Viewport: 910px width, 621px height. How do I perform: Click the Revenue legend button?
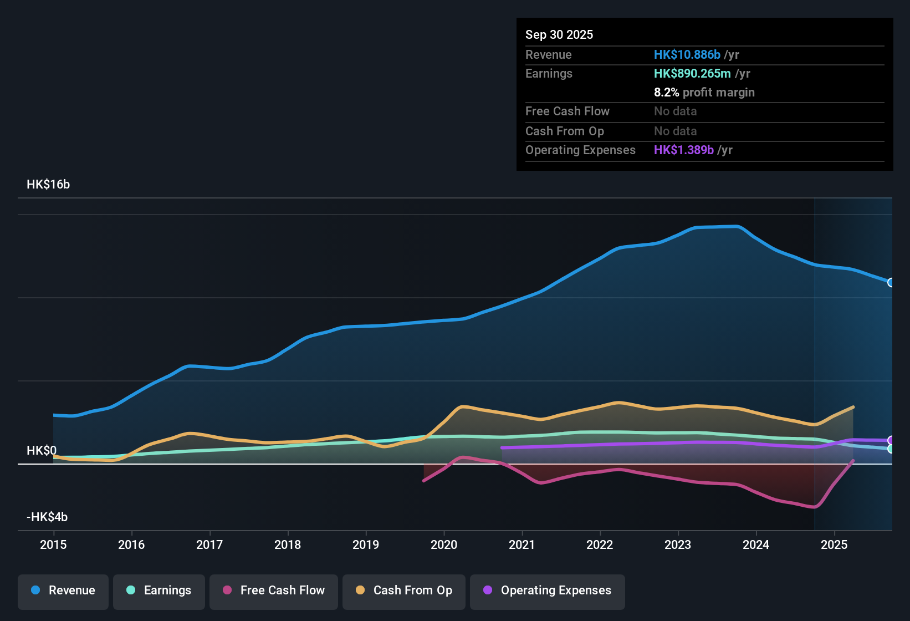63,591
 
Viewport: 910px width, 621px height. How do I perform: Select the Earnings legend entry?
159,591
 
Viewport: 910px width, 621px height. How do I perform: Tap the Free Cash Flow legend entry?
274,591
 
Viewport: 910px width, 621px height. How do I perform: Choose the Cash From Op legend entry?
404,591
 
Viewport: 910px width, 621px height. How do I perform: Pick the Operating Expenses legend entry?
548,591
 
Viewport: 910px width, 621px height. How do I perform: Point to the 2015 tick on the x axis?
53,544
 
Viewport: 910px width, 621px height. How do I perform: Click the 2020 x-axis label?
444,544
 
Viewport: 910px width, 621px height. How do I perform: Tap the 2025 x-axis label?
834,544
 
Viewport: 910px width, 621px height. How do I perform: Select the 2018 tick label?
288,544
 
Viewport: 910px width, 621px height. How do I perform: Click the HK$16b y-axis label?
48,185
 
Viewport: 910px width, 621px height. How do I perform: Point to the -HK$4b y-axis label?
47,517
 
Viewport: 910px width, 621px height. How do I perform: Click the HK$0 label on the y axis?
42,451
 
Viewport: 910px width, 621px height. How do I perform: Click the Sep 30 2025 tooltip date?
559,35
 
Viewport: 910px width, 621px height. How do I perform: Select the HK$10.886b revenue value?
687,55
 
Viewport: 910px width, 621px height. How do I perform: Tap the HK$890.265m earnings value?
692,74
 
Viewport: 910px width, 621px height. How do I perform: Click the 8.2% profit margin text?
704,93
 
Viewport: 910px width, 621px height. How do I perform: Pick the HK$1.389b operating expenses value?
684,150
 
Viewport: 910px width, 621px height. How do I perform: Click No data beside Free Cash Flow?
675,111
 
